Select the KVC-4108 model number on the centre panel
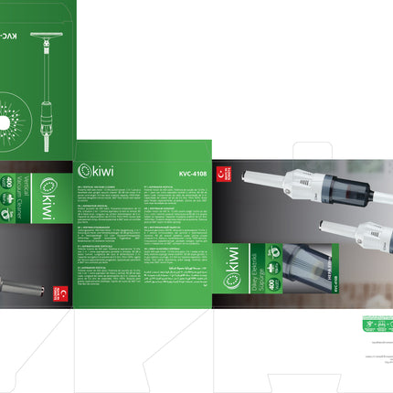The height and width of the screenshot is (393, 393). pos(187,169)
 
